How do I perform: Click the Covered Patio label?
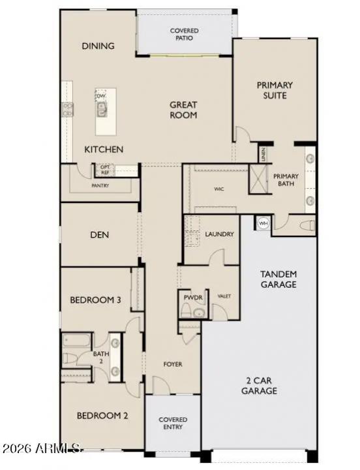coord(184,34)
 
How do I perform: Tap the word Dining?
coord(98,46)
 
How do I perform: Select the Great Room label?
coord(183,110)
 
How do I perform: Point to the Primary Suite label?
coord(275,90)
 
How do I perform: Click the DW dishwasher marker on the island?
coord(101,97)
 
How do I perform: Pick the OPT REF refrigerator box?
coord(104,169)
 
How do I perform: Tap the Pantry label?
coord(100,185)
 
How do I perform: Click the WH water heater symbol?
coord(263,223)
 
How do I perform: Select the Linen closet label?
coord(263,155)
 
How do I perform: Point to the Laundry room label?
coord(219,234)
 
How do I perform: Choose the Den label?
coord(99,235)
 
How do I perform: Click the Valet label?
coord(224,296)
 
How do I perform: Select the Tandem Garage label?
coord(278,279)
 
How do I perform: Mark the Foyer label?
coord(173,364)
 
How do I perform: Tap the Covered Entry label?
coord(173,423)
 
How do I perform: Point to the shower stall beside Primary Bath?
coord(259,179)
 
